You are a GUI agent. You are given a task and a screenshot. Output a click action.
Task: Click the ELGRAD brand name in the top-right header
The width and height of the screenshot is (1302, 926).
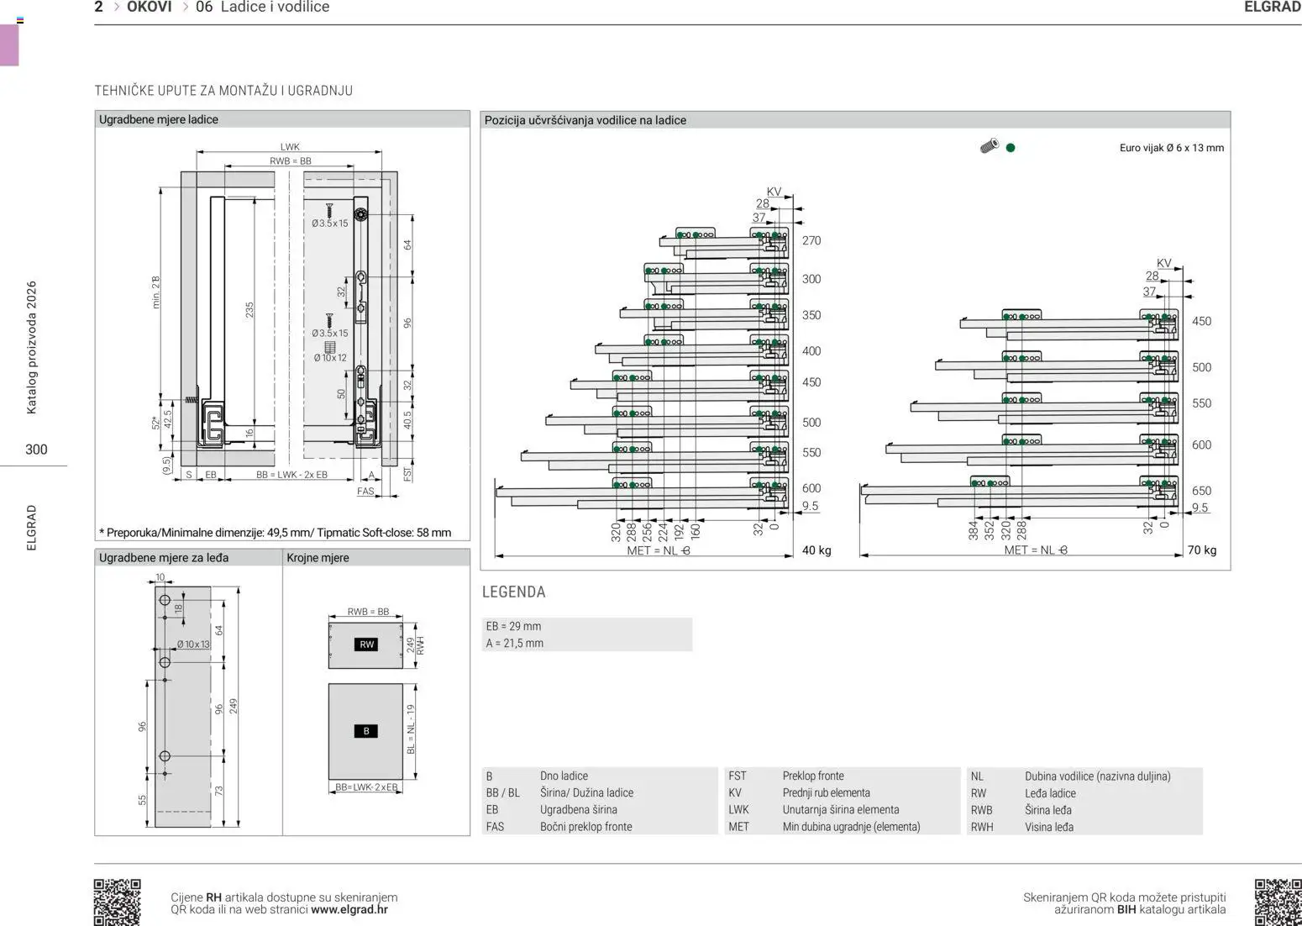pyautogui.click(x=1272, y=8)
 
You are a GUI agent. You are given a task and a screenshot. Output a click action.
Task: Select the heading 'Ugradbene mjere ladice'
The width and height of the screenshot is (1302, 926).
pyautogui.click(x=158, y=119)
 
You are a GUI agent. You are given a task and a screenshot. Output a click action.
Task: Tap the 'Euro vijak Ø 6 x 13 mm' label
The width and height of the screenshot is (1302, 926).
pyautogui.click(x=1171, y=148)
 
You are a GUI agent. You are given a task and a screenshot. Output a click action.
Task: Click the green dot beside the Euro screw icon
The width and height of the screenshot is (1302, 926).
pyautogui.click(x=1011, y=148)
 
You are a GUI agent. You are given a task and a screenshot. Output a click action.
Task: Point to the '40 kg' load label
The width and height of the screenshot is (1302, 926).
pyautogui.click(x=816, y=550)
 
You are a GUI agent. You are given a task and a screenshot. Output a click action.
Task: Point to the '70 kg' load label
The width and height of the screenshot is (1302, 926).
pyautogui.click(x=1201, y=550)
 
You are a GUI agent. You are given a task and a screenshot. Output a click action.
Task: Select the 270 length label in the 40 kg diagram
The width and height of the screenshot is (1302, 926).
pyautogui.click(x=811, y=240)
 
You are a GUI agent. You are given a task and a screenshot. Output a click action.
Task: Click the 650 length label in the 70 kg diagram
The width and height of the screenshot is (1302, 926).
pyautogui.click(x=1201, y=491)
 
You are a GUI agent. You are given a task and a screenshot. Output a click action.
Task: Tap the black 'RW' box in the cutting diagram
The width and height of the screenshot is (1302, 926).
pyautogui.click(x=366, y=645)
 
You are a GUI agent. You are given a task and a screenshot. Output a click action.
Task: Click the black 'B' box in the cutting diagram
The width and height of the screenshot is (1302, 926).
pyautogui.click(x=365, y=731)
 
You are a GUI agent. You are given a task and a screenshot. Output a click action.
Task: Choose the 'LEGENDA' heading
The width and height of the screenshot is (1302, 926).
pyautogui.click(x=513, y=592)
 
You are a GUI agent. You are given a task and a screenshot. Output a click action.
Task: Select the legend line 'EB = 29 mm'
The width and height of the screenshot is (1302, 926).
pyautogui.click(x=513, y=626)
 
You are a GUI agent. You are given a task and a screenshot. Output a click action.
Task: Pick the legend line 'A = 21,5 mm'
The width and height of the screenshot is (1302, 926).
pyautogui.click(x=514, y=643)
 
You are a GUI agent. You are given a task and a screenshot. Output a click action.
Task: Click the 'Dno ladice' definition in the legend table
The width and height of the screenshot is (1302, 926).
pyautogui.click(x=564, y=776)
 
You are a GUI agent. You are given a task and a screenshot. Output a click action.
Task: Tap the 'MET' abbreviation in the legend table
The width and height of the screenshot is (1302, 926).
pyautogui.click(x=738, y=827)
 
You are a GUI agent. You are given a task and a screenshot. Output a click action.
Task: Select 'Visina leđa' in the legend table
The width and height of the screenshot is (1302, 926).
pyautogui.click(x=1048, y=827)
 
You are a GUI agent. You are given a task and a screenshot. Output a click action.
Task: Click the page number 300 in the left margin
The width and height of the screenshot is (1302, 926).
pyautogui.click(x=36, y=449)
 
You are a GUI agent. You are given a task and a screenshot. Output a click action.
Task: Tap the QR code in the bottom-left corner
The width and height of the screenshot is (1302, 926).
pyautogui.click(x=117, y=902)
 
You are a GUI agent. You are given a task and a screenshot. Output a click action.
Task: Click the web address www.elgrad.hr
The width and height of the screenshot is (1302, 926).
pyautogui.click(x=349, y=909)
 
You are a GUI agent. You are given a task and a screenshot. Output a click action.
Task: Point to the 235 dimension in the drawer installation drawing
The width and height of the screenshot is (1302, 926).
pyautogui.click(x=249, y=310)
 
